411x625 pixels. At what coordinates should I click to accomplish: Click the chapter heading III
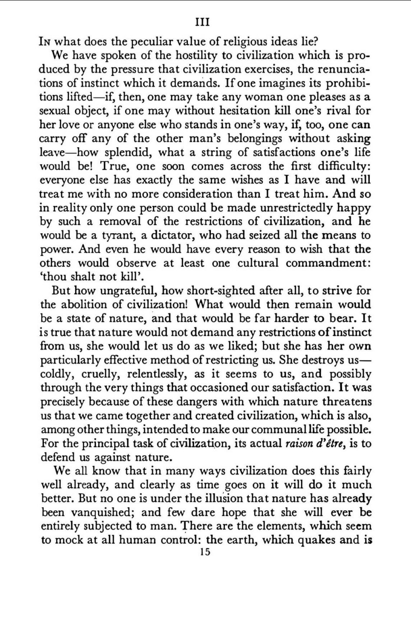tap(203, 22)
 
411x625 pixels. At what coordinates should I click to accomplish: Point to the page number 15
tap(203, 552)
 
